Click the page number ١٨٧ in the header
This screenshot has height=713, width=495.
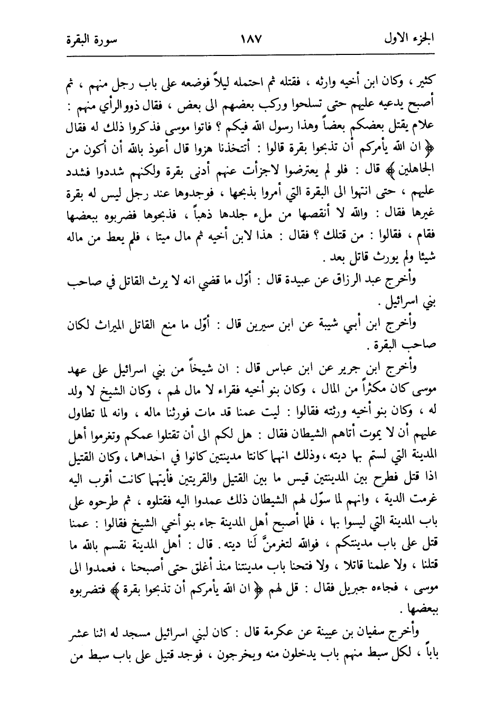pyautogui.click(x=247, y=39)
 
